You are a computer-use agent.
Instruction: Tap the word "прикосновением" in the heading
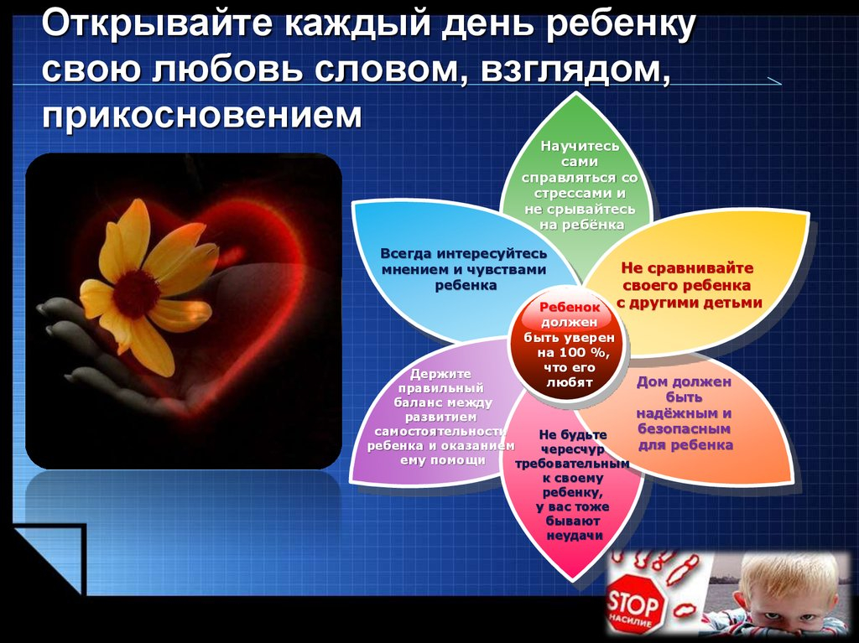[202, 116]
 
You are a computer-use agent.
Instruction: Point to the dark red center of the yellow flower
[136, 294]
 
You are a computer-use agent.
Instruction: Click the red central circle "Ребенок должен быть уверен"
[569, 346]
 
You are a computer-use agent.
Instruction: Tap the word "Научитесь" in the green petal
[580, 146]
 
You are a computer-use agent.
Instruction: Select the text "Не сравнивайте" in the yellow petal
[687, 268]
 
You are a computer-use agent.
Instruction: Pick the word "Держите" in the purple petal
[440, 374]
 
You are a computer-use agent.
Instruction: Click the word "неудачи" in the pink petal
[575, 536]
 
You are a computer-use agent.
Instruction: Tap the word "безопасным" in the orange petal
[685, 428]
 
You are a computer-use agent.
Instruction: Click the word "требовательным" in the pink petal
[572, 464]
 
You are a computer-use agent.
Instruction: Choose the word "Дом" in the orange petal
[650, 381]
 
